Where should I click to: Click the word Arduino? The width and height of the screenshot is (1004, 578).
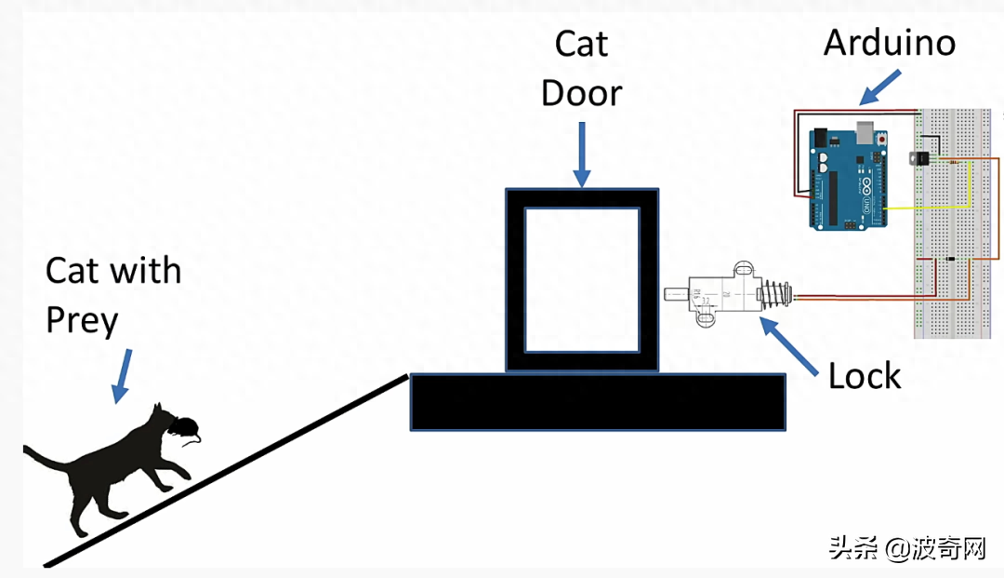(890, 43)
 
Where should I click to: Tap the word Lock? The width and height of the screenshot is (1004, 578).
(865, 375)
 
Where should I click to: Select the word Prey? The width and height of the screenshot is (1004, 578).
(82, 320)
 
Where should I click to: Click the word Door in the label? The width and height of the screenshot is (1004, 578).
(581, 93)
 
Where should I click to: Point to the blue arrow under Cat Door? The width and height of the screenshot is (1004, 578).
(581, 155)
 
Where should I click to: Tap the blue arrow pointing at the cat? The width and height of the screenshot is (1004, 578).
(123, 376)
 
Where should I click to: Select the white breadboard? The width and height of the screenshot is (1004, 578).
(953, 223)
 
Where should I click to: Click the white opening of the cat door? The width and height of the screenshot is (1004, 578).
(582, 280)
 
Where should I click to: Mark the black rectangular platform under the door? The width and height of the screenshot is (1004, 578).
(598, 402)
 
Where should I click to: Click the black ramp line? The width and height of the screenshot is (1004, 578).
(226, 471)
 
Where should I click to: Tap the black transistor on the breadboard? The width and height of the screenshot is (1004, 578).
(920, 157)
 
